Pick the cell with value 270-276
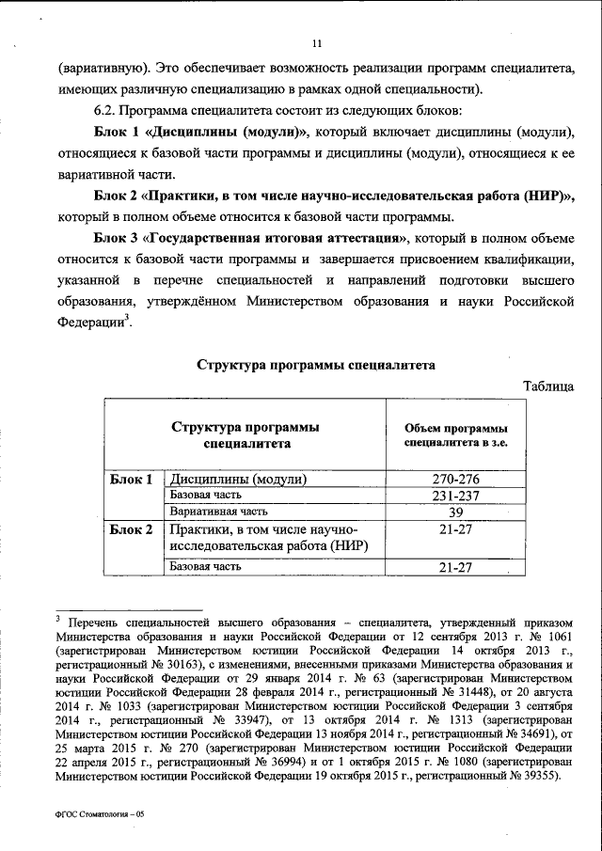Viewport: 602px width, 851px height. (x=456, y=479)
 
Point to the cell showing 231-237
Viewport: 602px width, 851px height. (x=456, y=495)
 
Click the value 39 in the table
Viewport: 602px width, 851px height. (x=456, y=512)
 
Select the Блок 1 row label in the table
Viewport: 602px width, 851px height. (x=131, y=479)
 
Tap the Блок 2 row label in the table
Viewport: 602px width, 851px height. (x=131, y=529)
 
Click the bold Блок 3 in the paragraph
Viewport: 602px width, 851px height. (x=118, y=236)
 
